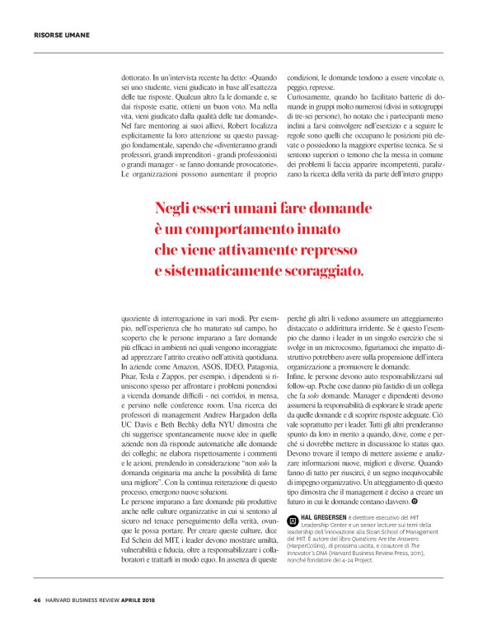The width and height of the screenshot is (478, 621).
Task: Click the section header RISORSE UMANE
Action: click(61, 35)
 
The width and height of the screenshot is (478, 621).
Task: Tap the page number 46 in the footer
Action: click(37, 599)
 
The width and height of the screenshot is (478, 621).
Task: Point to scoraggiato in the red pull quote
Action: click(314, 269)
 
